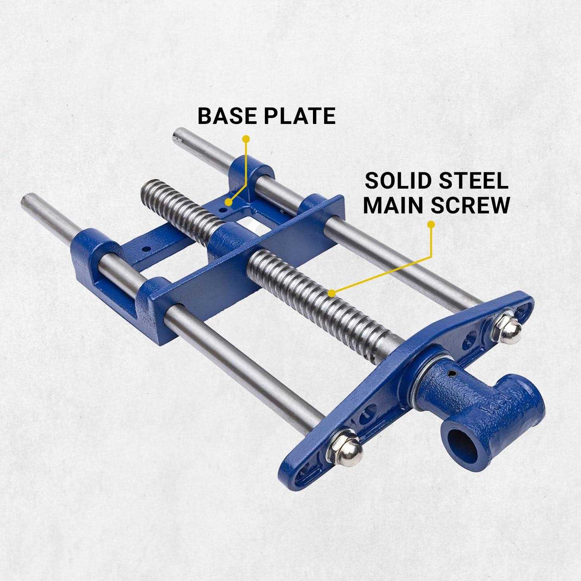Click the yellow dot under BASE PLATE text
pyautogui.click(x=245, y=138)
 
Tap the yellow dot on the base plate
pyautogui.click(x=229, y=202)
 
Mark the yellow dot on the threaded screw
pyautogui.click(x=330, y=293)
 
